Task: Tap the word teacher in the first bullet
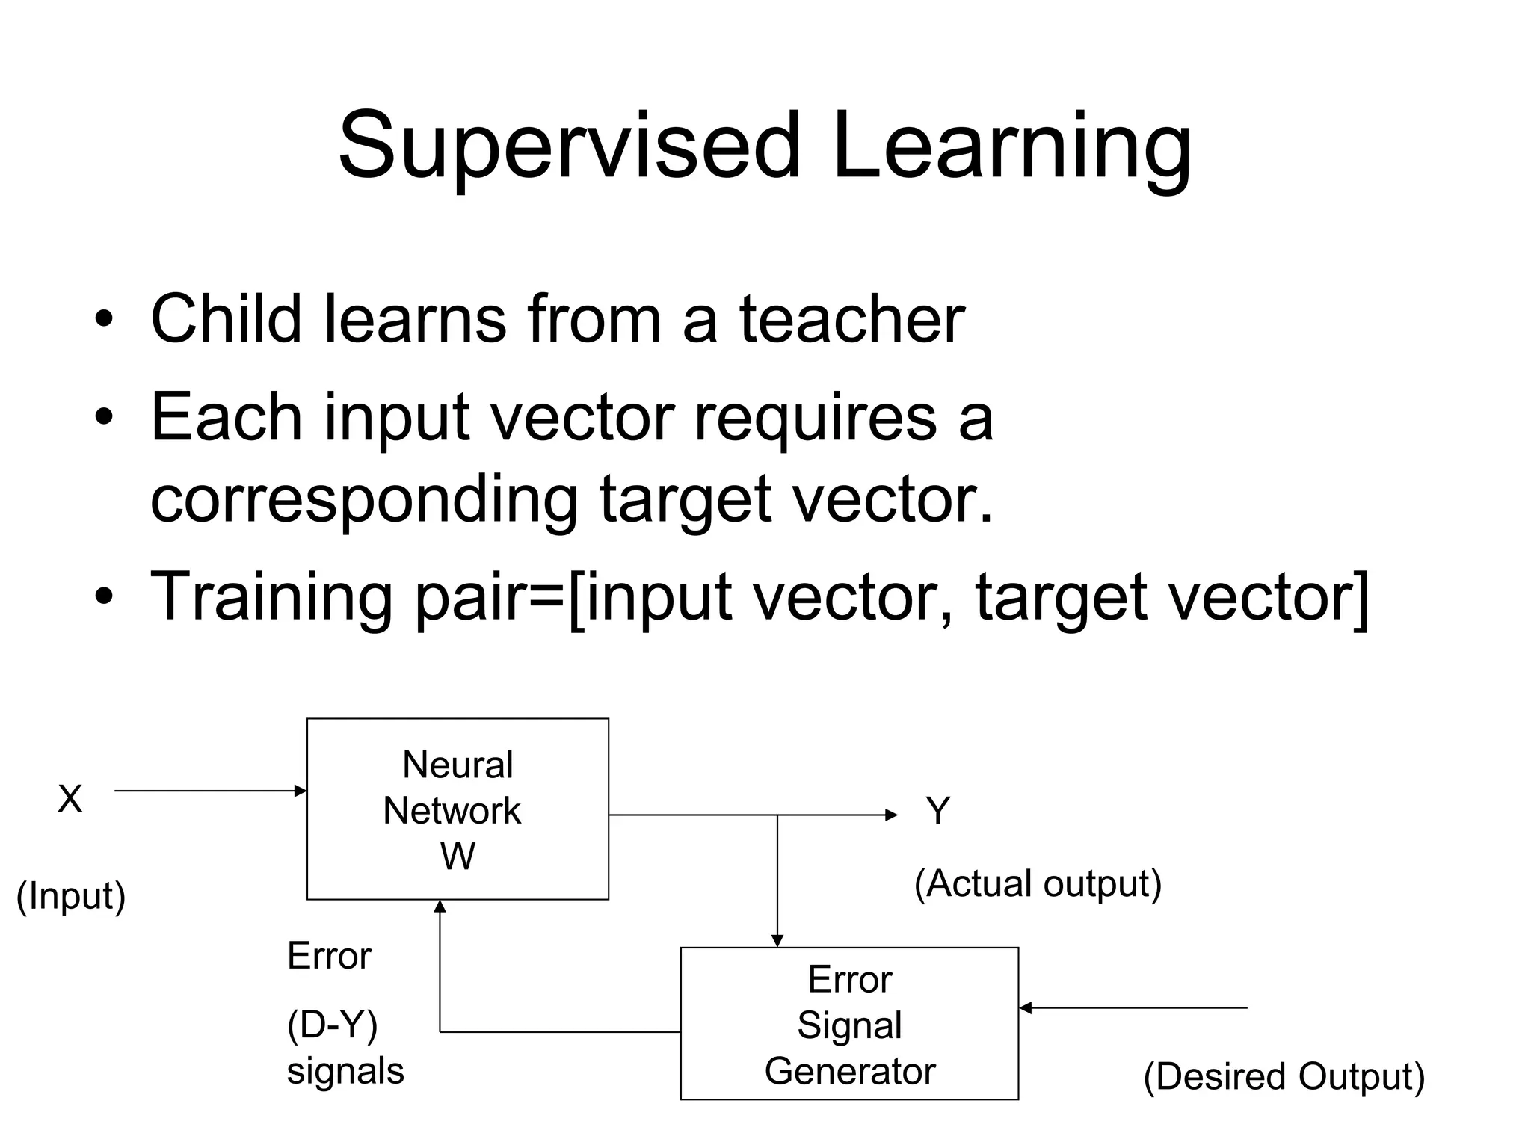(852, 319)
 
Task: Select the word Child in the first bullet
(226, 319)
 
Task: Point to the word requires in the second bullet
(815, 419)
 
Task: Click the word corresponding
(364, 501)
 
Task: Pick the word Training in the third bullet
(271, 598)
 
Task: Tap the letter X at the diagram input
(70, 800)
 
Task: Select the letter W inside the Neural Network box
(458, 857)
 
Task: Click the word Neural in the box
(458, 765)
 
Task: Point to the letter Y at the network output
(937, 811)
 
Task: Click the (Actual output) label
(1038, 884)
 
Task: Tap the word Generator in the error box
(850, 1071)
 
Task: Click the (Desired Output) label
(1284, 1077)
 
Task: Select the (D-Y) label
(333, 1025)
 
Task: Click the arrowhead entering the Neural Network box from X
(301, 791)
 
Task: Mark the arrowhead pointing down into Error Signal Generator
(777, 941)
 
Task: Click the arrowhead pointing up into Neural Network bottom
(440, 907)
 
